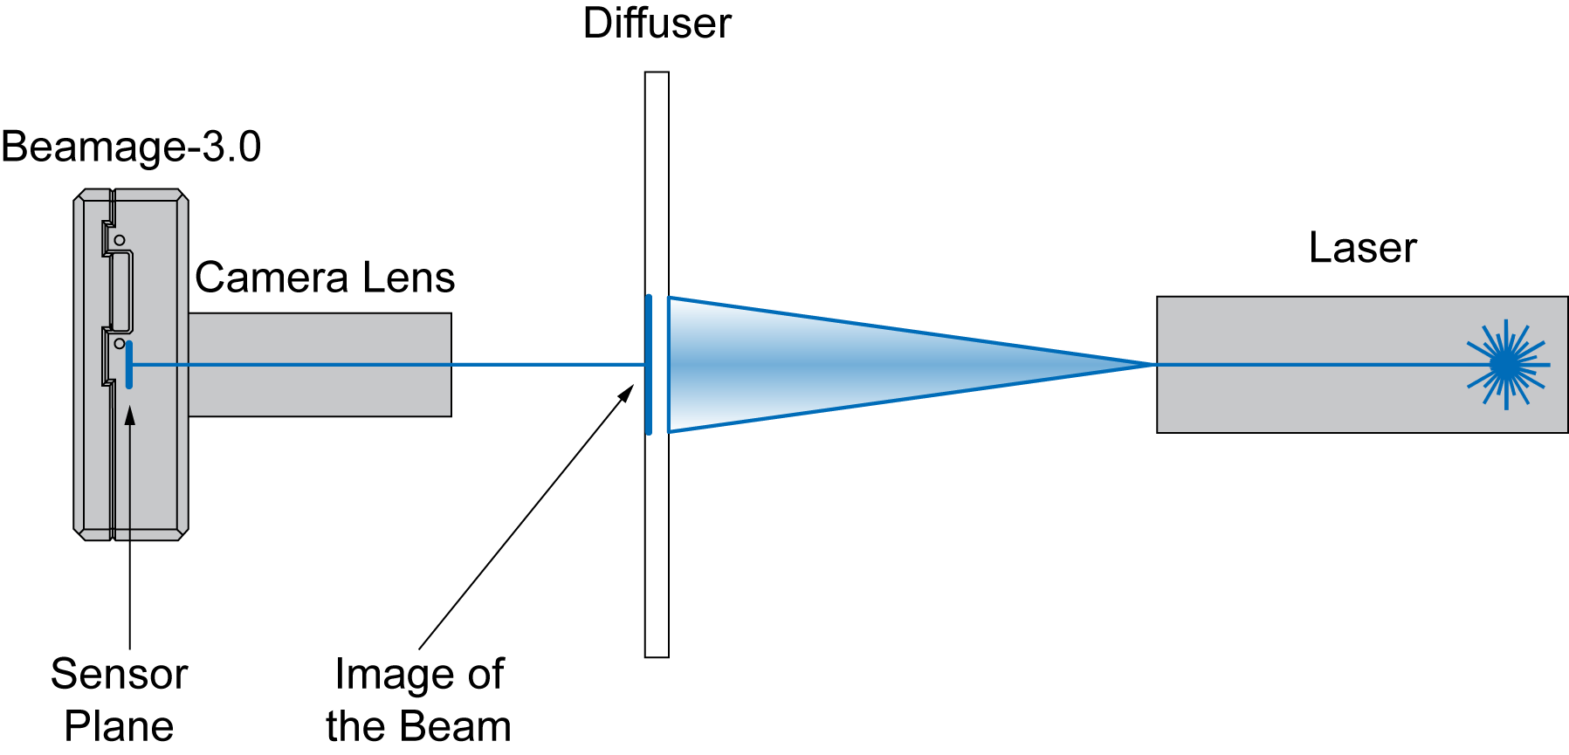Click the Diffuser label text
point(657,24)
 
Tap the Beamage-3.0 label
point(131,147)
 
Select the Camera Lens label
point(324,278)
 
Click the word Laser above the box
point(1362,248)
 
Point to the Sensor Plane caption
point(119,699)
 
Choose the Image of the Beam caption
point(418,699)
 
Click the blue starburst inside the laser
point(1506,365)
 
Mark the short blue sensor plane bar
point(129,365)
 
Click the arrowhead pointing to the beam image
point(626,393)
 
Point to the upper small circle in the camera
point(120,240)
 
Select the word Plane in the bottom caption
point(119,726)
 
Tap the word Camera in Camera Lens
point(271,278)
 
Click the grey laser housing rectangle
point(1310,402)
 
